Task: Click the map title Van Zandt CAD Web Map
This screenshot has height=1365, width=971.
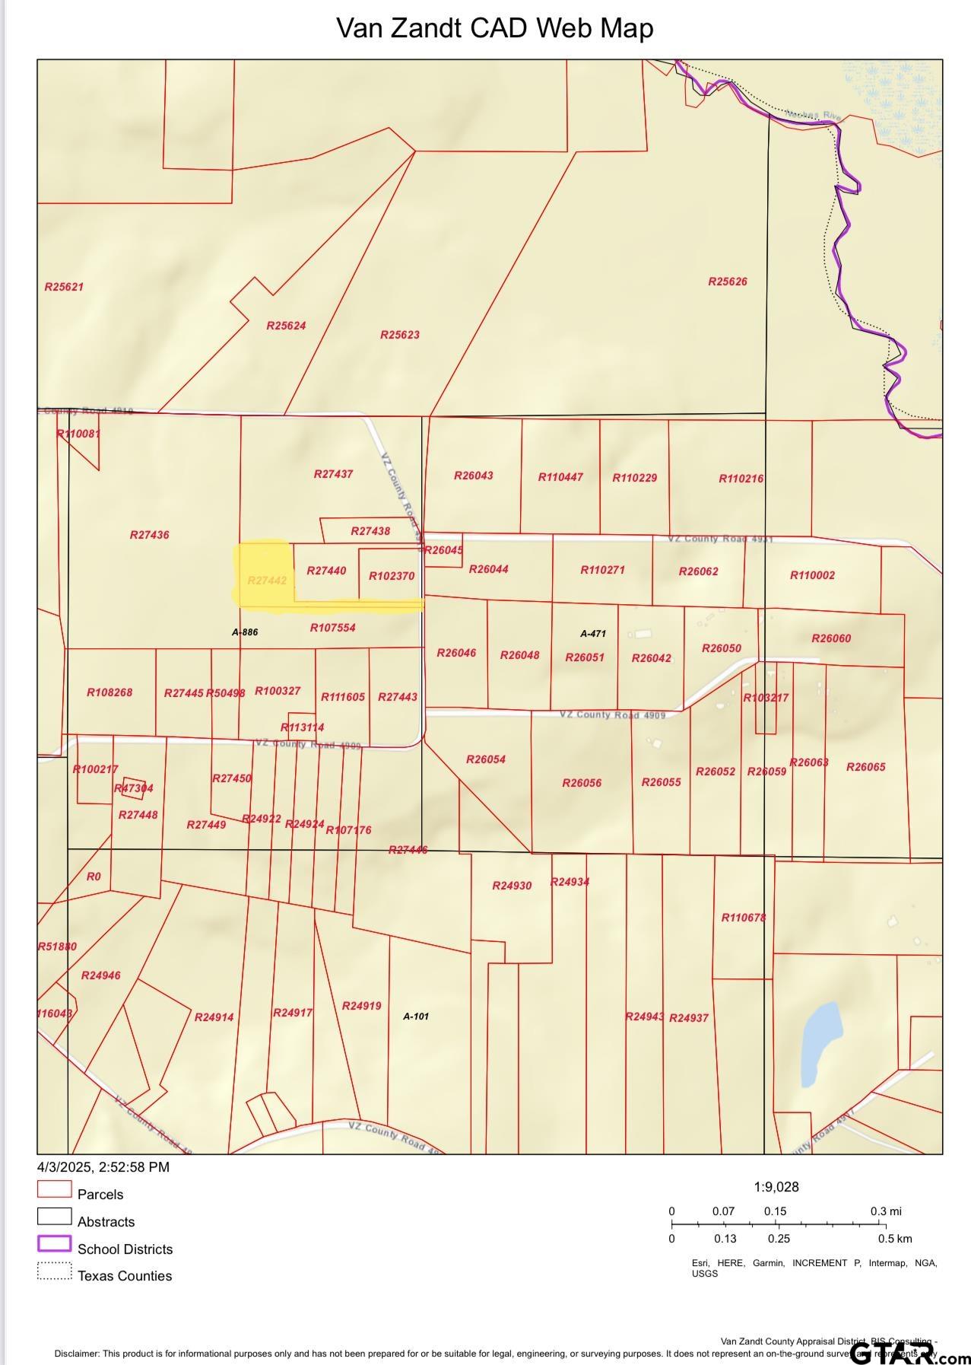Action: click(x=494, y=28)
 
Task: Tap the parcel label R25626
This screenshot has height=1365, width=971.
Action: click(x=727, y=282)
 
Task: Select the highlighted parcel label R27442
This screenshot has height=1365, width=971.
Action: click(x=267, y=581)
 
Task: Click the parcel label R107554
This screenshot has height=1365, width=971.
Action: click(x=332, y=628)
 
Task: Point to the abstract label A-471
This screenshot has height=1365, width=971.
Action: click(x=592, y=633)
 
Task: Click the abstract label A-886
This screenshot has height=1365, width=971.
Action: click(x=245, y=632)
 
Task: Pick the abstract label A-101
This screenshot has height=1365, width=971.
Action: click(x=415, y=1016)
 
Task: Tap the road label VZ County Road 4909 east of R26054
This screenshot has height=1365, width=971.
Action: click(x=612, y=715)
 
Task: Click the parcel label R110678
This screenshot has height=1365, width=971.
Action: click(x=743, y=918)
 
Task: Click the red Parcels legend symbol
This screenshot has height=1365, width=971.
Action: click(x=54, y=1189)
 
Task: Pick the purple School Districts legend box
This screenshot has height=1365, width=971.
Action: click(x=54, y=1244)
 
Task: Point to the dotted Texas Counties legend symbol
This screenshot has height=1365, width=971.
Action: click(x=54, y=1271)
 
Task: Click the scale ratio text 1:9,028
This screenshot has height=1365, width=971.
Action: click(x=776, y=1187)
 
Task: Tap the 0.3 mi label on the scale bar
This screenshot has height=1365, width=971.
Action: click(x=885, y=1211)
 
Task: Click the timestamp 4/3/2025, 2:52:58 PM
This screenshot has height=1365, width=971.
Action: click(x=103, y=1167)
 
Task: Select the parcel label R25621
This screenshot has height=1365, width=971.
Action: click(x=64, y=287)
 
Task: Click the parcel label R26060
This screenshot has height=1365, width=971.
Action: click(x=830, y=638)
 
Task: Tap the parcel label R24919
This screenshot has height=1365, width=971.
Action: click(x=361, y=1006)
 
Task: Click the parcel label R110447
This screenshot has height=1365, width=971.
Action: click(x=560, y=477)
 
